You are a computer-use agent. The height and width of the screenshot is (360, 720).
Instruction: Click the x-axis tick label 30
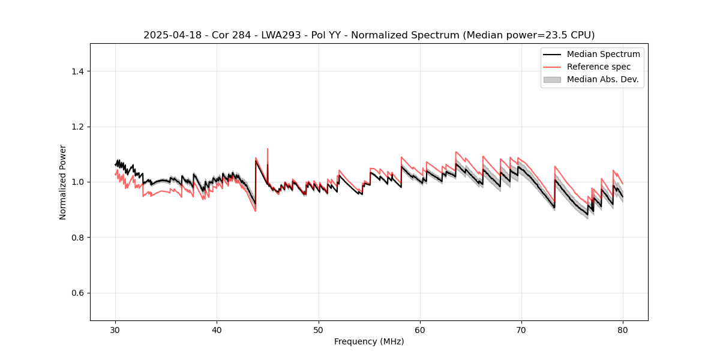115,329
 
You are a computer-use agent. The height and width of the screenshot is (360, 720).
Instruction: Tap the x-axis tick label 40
217,329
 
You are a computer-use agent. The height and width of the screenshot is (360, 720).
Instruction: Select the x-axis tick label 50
318,329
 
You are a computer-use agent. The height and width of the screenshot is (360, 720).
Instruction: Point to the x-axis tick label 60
420,329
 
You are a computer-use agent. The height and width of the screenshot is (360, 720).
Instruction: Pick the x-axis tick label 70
521,329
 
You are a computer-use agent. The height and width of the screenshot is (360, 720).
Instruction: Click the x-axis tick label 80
623,329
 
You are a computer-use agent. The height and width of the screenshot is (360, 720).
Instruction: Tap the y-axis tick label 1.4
77,71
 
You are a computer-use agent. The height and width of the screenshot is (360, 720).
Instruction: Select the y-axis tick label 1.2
77,127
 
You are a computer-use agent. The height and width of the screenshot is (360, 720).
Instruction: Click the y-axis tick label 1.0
77,182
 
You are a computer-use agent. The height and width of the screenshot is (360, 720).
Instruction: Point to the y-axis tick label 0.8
77,238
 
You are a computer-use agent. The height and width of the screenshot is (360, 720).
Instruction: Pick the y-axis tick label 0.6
77,293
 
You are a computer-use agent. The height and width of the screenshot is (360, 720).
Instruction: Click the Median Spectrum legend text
603,54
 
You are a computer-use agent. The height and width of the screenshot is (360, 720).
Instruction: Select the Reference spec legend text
599,67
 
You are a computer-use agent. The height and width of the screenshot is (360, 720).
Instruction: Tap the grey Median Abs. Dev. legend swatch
551,79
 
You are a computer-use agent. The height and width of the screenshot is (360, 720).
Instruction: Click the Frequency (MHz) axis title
369,341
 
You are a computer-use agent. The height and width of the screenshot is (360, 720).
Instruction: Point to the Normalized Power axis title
63,182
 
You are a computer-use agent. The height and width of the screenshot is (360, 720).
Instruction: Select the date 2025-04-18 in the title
169,35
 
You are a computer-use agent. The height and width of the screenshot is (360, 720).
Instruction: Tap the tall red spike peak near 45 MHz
268,149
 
